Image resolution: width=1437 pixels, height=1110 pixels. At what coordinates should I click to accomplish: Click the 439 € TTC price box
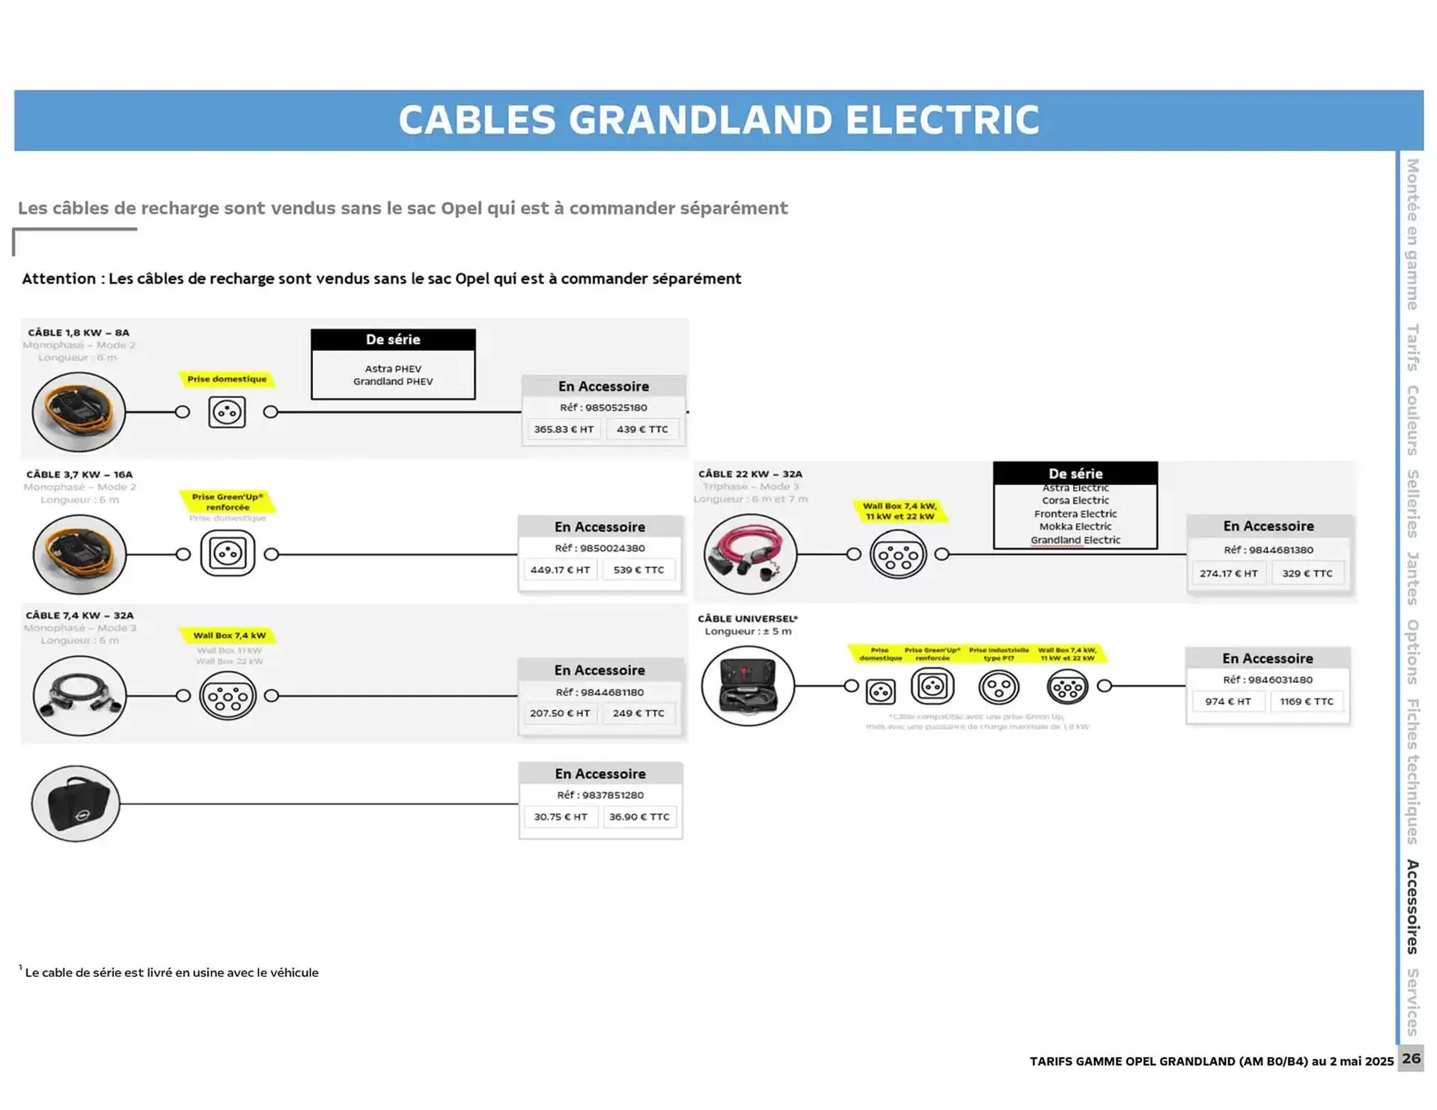[642, 429]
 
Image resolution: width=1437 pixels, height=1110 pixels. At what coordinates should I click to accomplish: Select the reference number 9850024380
[599, 548]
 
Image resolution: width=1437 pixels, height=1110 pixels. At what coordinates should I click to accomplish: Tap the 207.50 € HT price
[560, 714]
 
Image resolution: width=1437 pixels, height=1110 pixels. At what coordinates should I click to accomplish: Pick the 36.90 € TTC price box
[639, 817]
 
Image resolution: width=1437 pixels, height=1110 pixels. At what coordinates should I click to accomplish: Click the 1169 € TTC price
[1306, 702]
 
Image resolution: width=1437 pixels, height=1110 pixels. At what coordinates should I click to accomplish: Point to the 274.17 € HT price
[1228, 574]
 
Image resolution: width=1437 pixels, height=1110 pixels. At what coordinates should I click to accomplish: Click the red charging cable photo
[750, 554]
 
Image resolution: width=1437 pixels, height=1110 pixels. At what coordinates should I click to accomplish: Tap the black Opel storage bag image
[76, 803]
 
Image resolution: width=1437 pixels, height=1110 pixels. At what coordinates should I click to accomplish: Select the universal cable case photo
[748, 686]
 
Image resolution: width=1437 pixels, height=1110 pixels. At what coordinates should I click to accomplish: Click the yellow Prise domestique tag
[227, 379]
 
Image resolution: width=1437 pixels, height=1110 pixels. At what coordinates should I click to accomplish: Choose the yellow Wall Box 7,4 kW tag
[229, 636]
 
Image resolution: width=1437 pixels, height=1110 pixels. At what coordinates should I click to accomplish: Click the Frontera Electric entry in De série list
[1075, 514]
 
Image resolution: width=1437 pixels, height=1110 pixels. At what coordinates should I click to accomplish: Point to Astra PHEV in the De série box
[393, 369]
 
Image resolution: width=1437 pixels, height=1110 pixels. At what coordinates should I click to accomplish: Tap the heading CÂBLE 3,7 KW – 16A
[79, 474]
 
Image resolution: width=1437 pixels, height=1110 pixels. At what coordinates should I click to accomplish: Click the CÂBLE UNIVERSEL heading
[748, 619]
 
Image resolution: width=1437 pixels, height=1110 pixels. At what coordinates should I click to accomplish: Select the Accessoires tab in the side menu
[1412, 907]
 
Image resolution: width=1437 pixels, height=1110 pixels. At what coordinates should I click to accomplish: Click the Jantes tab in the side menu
[1412, 578]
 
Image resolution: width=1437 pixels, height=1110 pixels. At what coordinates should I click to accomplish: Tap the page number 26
[1411, 1058]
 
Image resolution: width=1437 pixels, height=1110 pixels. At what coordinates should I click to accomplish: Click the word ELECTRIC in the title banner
[942, 120]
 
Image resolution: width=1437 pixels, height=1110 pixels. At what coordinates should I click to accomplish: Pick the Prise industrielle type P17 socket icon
[998, 687]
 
